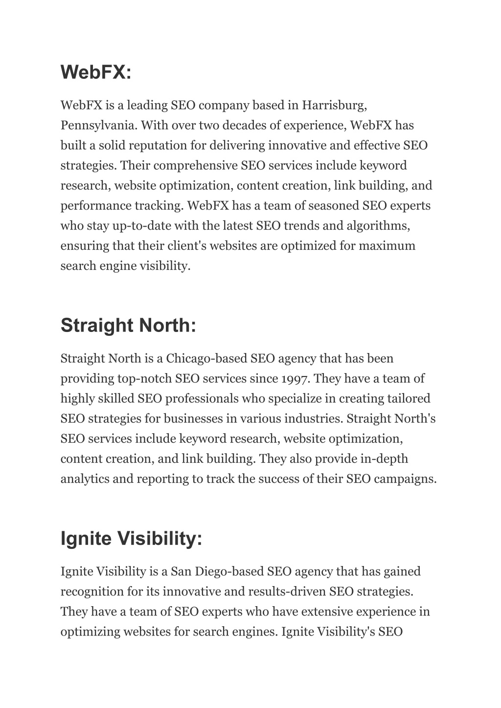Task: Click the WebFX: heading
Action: coord(96,72)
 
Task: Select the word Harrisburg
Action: coord(334,105)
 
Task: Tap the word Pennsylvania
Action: coord(98,125)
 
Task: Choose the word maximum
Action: coord(387,246)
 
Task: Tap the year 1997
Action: coord(295,378)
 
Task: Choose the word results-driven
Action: coord(287,591)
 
